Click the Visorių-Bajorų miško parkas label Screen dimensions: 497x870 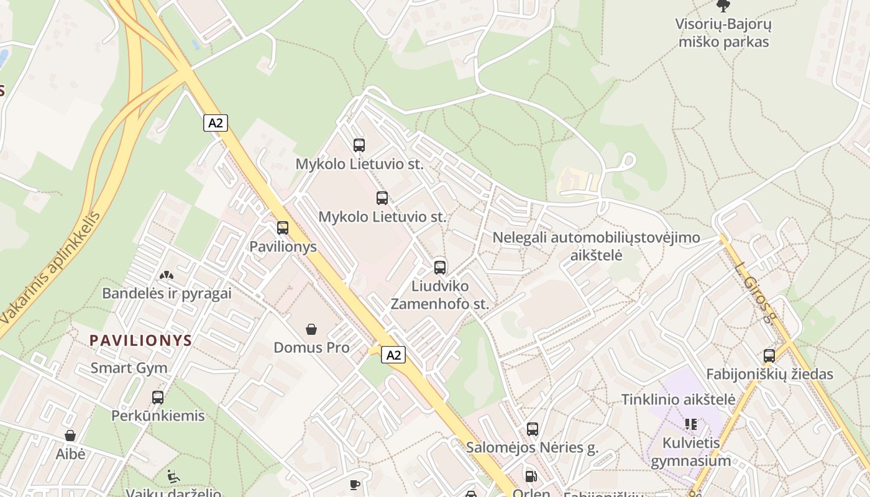[x=723, y=34]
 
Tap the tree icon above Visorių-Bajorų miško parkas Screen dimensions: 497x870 [x=723, y=6]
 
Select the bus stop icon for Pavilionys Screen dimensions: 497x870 [x=283, y=228]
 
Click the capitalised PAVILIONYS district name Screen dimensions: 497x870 [x=141, y=340]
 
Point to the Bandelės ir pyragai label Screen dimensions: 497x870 [x=167, y=293]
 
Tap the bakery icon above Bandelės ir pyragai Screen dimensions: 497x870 [x=166, y=275]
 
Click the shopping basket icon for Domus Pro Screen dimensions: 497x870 [x=311, y=329]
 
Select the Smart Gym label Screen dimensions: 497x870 [x=129, y=368]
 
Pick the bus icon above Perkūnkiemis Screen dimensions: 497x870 [x=158, y=397]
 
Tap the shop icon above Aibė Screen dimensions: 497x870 [x=70, y=435]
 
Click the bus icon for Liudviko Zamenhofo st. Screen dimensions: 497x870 [x=440, y=268]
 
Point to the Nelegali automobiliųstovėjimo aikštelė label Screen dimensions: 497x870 [x=596, y=246]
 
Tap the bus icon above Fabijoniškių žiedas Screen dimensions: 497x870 [x=769, y=356]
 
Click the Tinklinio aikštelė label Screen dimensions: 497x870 [x=679, y=399]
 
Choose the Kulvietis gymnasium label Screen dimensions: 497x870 [x=690, y=452]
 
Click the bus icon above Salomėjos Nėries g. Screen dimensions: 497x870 [x=533, y=429]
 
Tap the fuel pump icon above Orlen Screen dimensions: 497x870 [x=531, y=476]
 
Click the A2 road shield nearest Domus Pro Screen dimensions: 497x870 [x=393, y=355]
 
